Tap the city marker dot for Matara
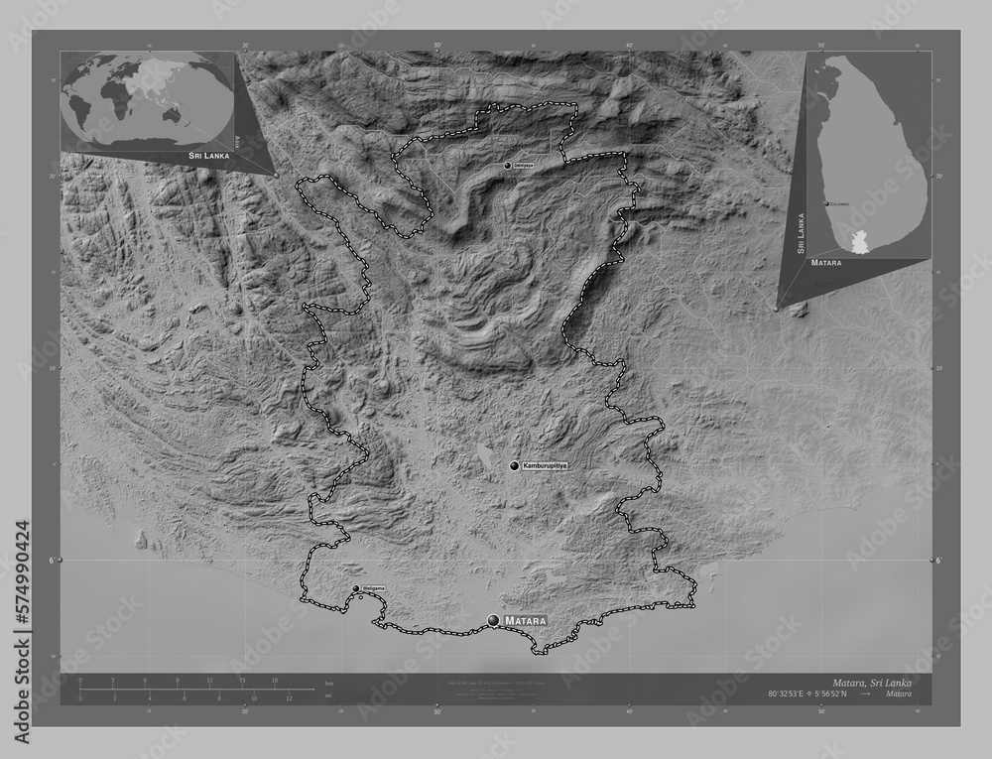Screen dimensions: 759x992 click(x=494, y=620)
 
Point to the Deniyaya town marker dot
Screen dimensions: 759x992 click(x=507, y=166)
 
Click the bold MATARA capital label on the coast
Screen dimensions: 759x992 click(x=526, y=621)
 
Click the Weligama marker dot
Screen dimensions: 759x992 click(x=355, y=589)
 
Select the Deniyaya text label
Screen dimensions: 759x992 click(x=523, y=166)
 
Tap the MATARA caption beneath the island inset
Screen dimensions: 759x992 click(x=825, y=265)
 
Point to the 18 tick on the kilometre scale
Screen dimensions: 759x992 click(x=274, y=681)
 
